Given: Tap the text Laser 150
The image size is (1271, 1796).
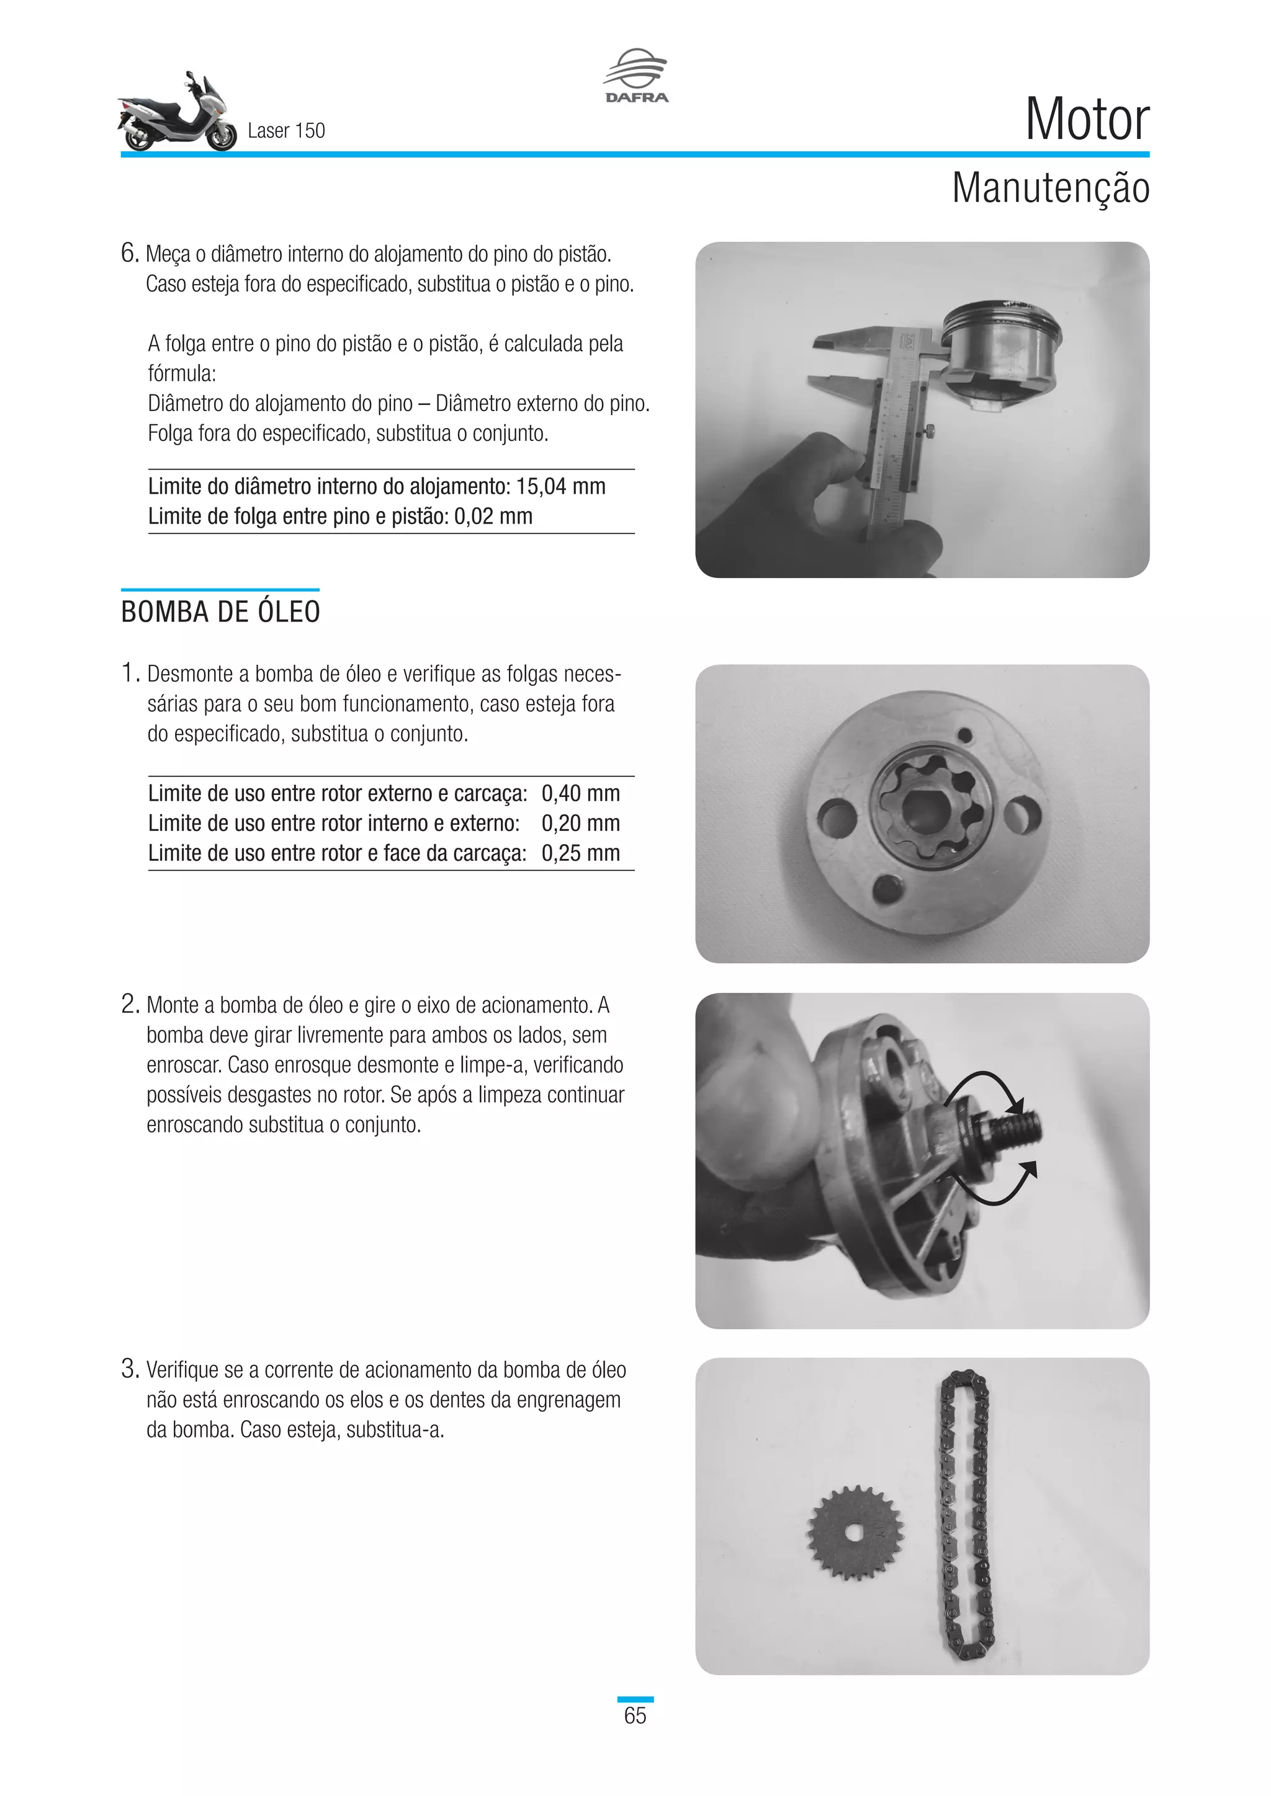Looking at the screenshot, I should pos(285,131).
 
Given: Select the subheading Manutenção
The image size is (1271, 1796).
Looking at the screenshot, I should pos(1049,189).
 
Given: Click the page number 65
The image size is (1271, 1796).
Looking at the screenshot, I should pos(635,1715).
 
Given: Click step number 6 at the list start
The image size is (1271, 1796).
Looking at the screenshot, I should pos(129,254).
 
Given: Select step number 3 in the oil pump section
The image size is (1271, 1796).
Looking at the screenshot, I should pos(129,1369).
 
